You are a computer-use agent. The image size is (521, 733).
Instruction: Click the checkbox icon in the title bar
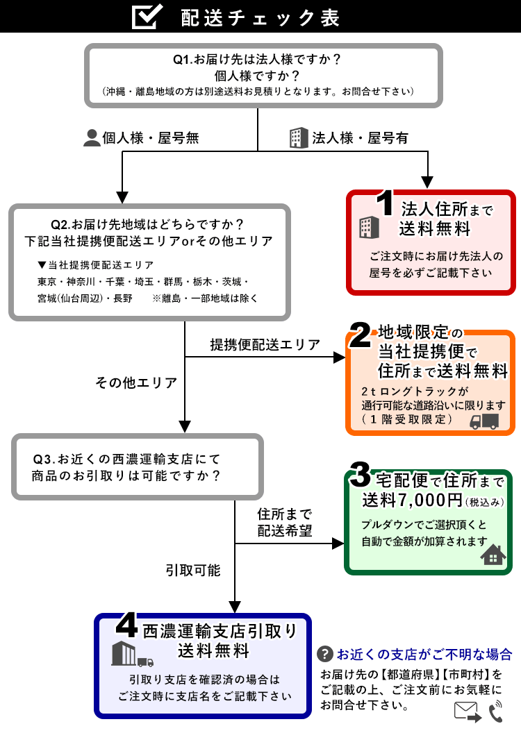click(147, 17)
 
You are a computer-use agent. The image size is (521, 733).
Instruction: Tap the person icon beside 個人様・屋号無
click(92, 138)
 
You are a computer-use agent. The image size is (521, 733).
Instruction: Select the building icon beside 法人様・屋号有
click(298, 138)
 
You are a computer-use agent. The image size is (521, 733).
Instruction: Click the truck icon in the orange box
click(485, 421)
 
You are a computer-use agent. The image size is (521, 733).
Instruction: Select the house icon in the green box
click(493, 555)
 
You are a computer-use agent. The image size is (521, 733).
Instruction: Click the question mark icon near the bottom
click(324, 654)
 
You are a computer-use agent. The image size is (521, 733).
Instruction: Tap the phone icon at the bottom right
click(495, 711)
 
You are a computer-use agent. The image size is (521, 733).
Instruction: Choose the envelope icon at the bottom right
click(468, 711)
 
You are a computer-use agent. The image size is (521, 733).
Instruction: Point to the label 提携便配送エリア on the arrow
click(265, 344)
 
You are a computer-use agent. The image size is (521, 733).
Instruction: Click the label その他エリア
click(136, 382)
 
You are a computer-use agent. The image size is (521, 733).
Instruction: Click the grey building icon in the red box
click(367, 227)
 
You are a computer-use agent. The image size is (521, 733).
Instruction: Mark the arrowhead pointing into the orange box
click(340, 357)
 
